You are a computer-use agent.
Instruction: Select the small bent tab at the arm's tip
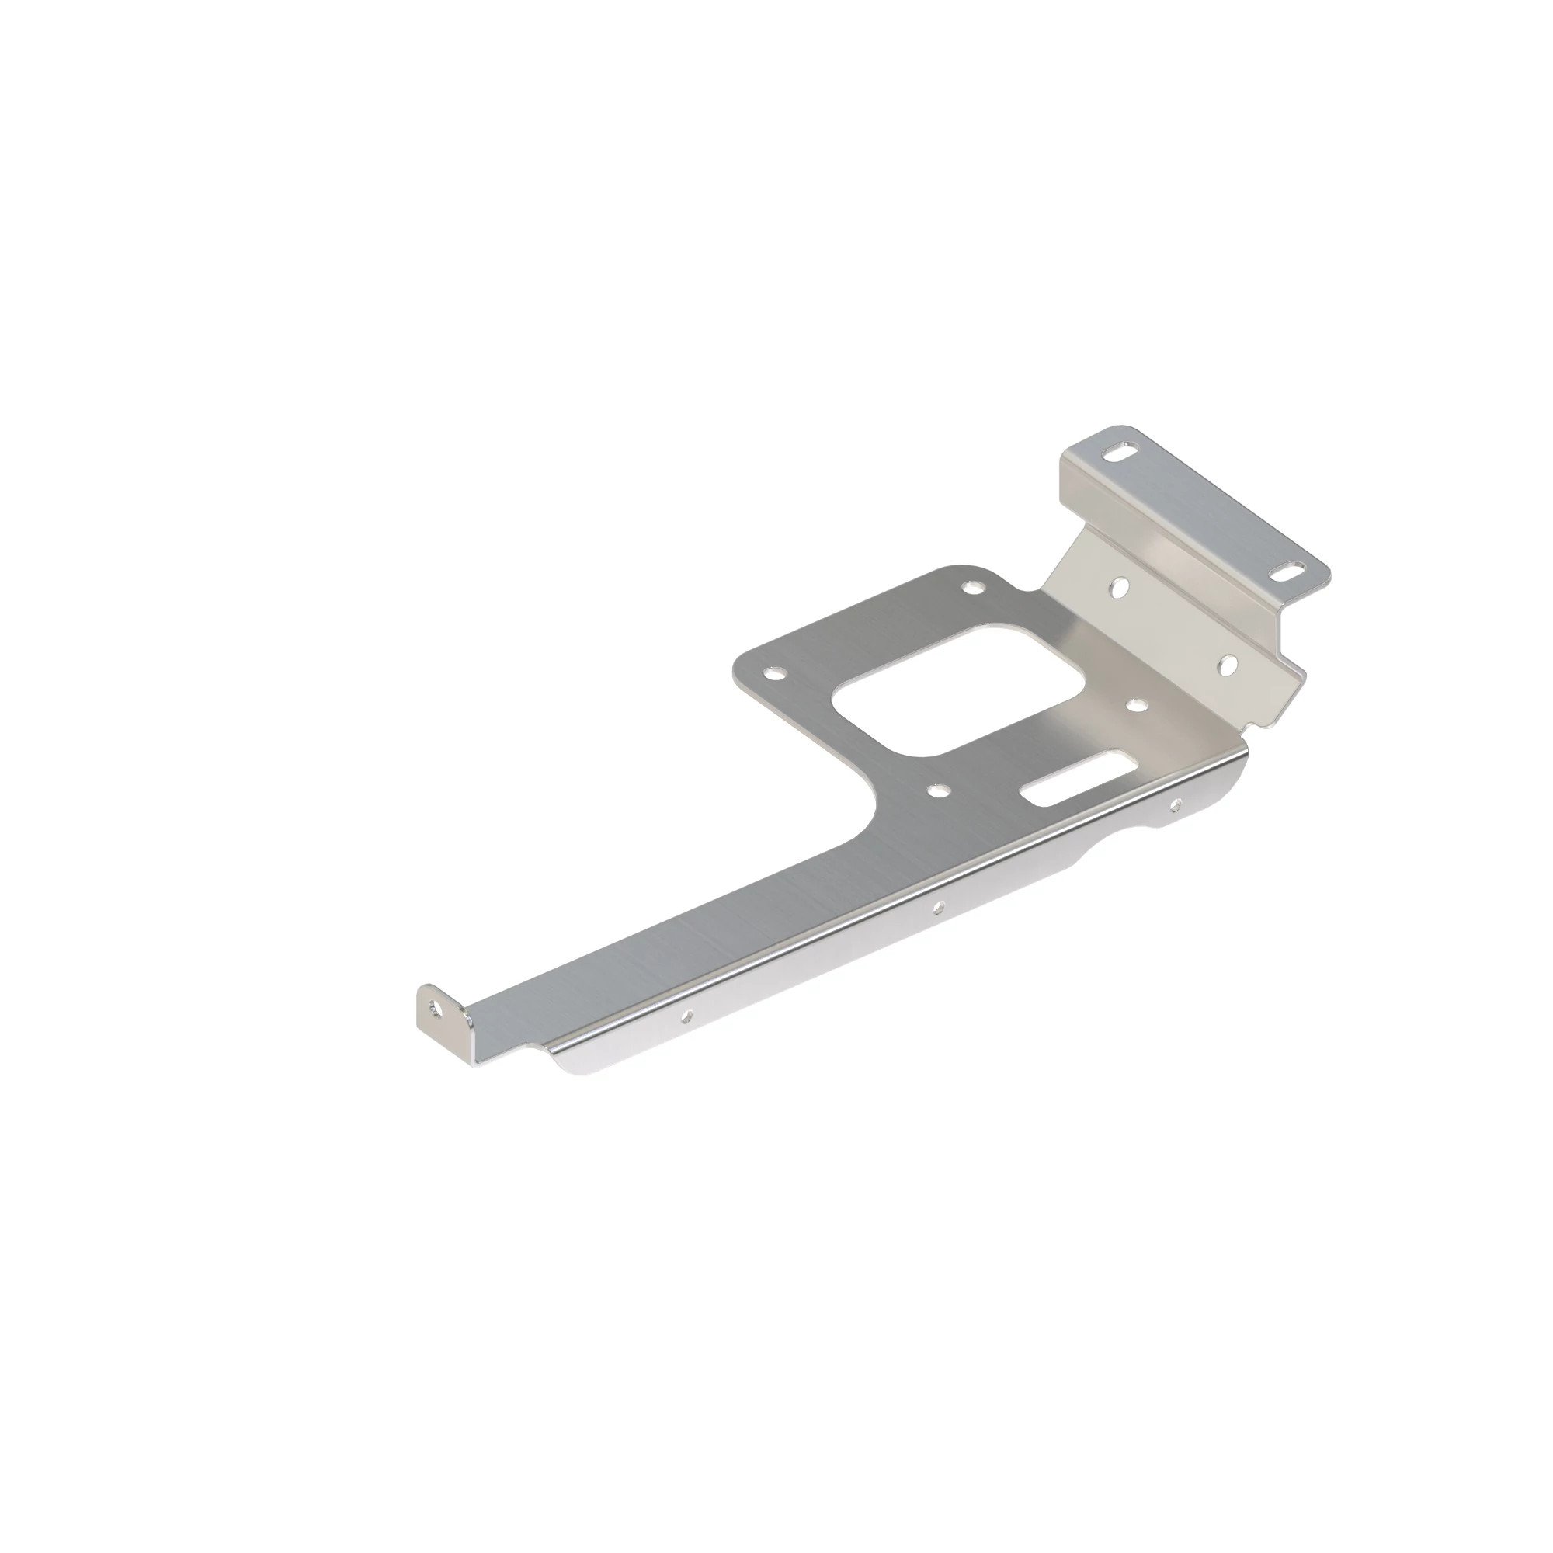coord(441,1010)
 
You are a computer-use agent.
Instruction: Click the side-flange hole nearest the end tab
coord(685,1016)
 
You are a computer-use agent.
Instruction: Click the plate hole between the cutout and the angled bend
coord(1136,704)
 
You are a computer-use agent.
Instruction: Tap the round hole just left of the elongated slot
coord(936,791)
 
